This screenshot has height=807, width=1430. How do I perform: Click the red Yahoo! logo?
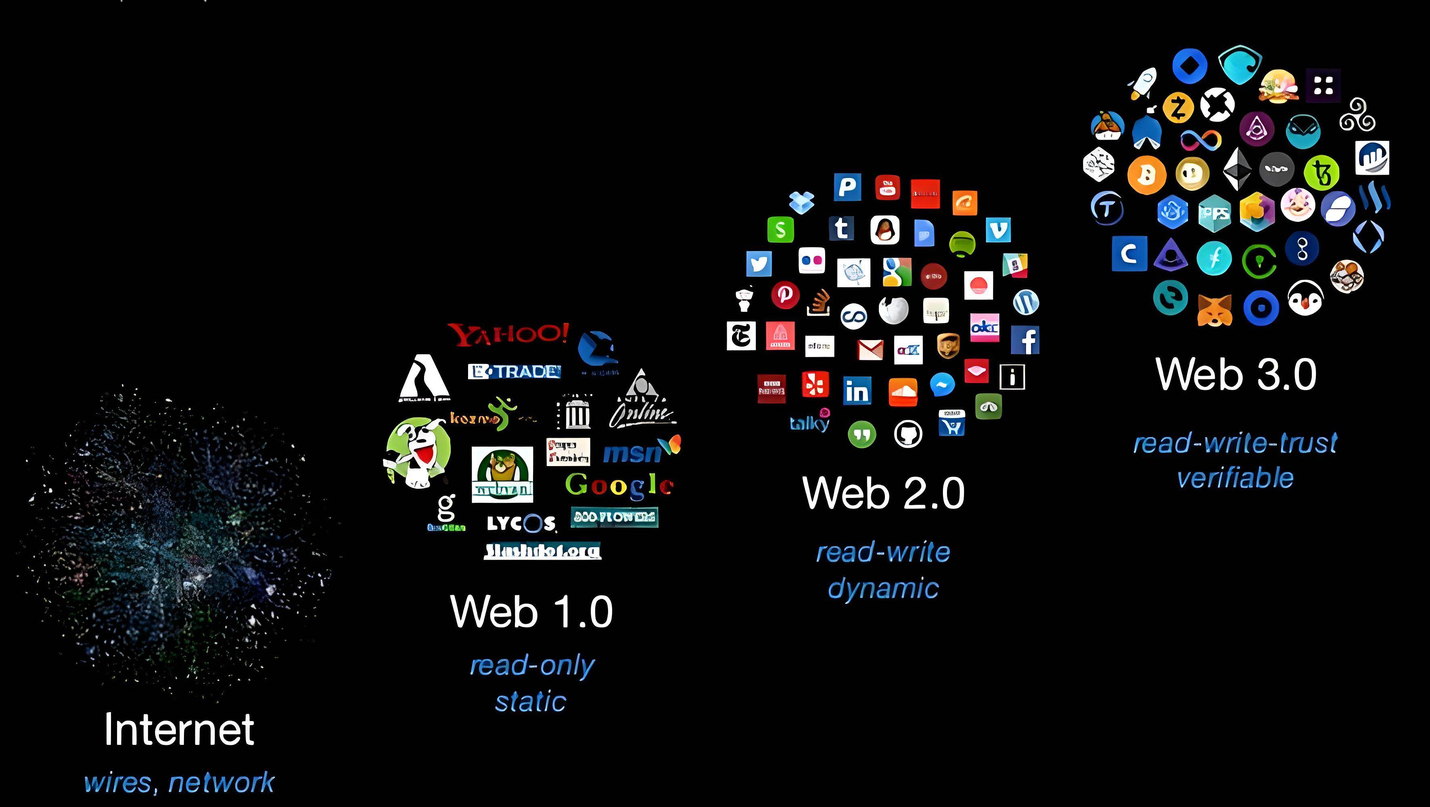tap(508, 334)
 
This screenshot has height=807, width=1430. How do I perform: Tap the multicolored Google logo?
tap(619, 485)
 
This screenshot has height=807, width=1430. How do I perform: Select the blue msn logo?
tap(633, 453)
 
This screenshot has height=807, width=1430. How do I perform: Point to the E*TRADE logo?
tap(514, 371)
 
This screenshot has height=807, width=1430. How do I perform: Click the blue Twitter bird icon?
tap(759, 263)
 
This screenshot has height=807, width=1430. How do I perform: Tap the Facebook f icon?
tap(1025, 340)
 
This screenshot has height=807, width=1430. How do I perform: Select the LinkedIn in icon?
tap(857, 391)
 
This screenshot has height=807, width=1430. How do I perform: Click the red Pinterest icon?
tap(785, 294)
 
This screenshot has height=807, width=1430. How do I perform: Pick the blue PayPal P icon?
tap(847, 187)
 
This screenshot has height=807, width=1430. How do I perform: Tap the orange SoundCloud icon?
tap(903, 392)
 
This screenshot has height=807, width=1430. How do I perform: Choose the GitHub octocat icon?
tap(908, 433)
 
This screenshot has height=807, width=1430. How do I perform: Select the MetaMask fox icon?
tap(1214, 309)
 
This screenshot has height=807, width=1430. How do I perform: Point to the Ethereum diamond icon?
tap(1238, 169)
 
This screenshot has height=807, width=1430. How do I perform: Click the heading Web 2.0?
tap(883, 493)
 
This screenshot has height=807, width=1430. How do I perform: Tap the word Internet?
tap(179, 729)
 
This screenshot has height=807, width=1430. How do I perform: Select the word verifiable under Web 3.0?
tap(1235, 478)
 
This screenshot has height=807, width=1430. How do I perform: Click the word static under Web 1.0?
tap(531, 702)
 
